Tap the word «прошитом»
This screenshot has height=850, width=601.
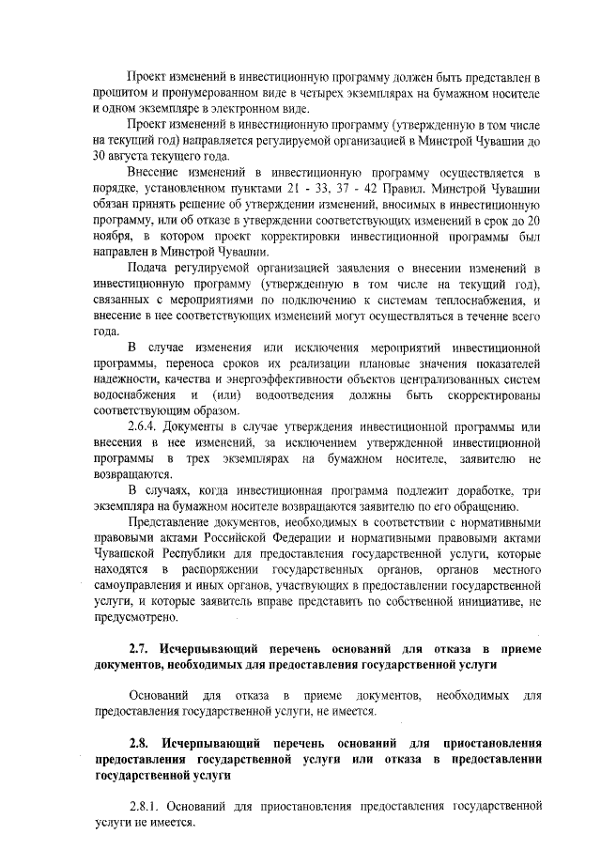pos(122,91)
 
